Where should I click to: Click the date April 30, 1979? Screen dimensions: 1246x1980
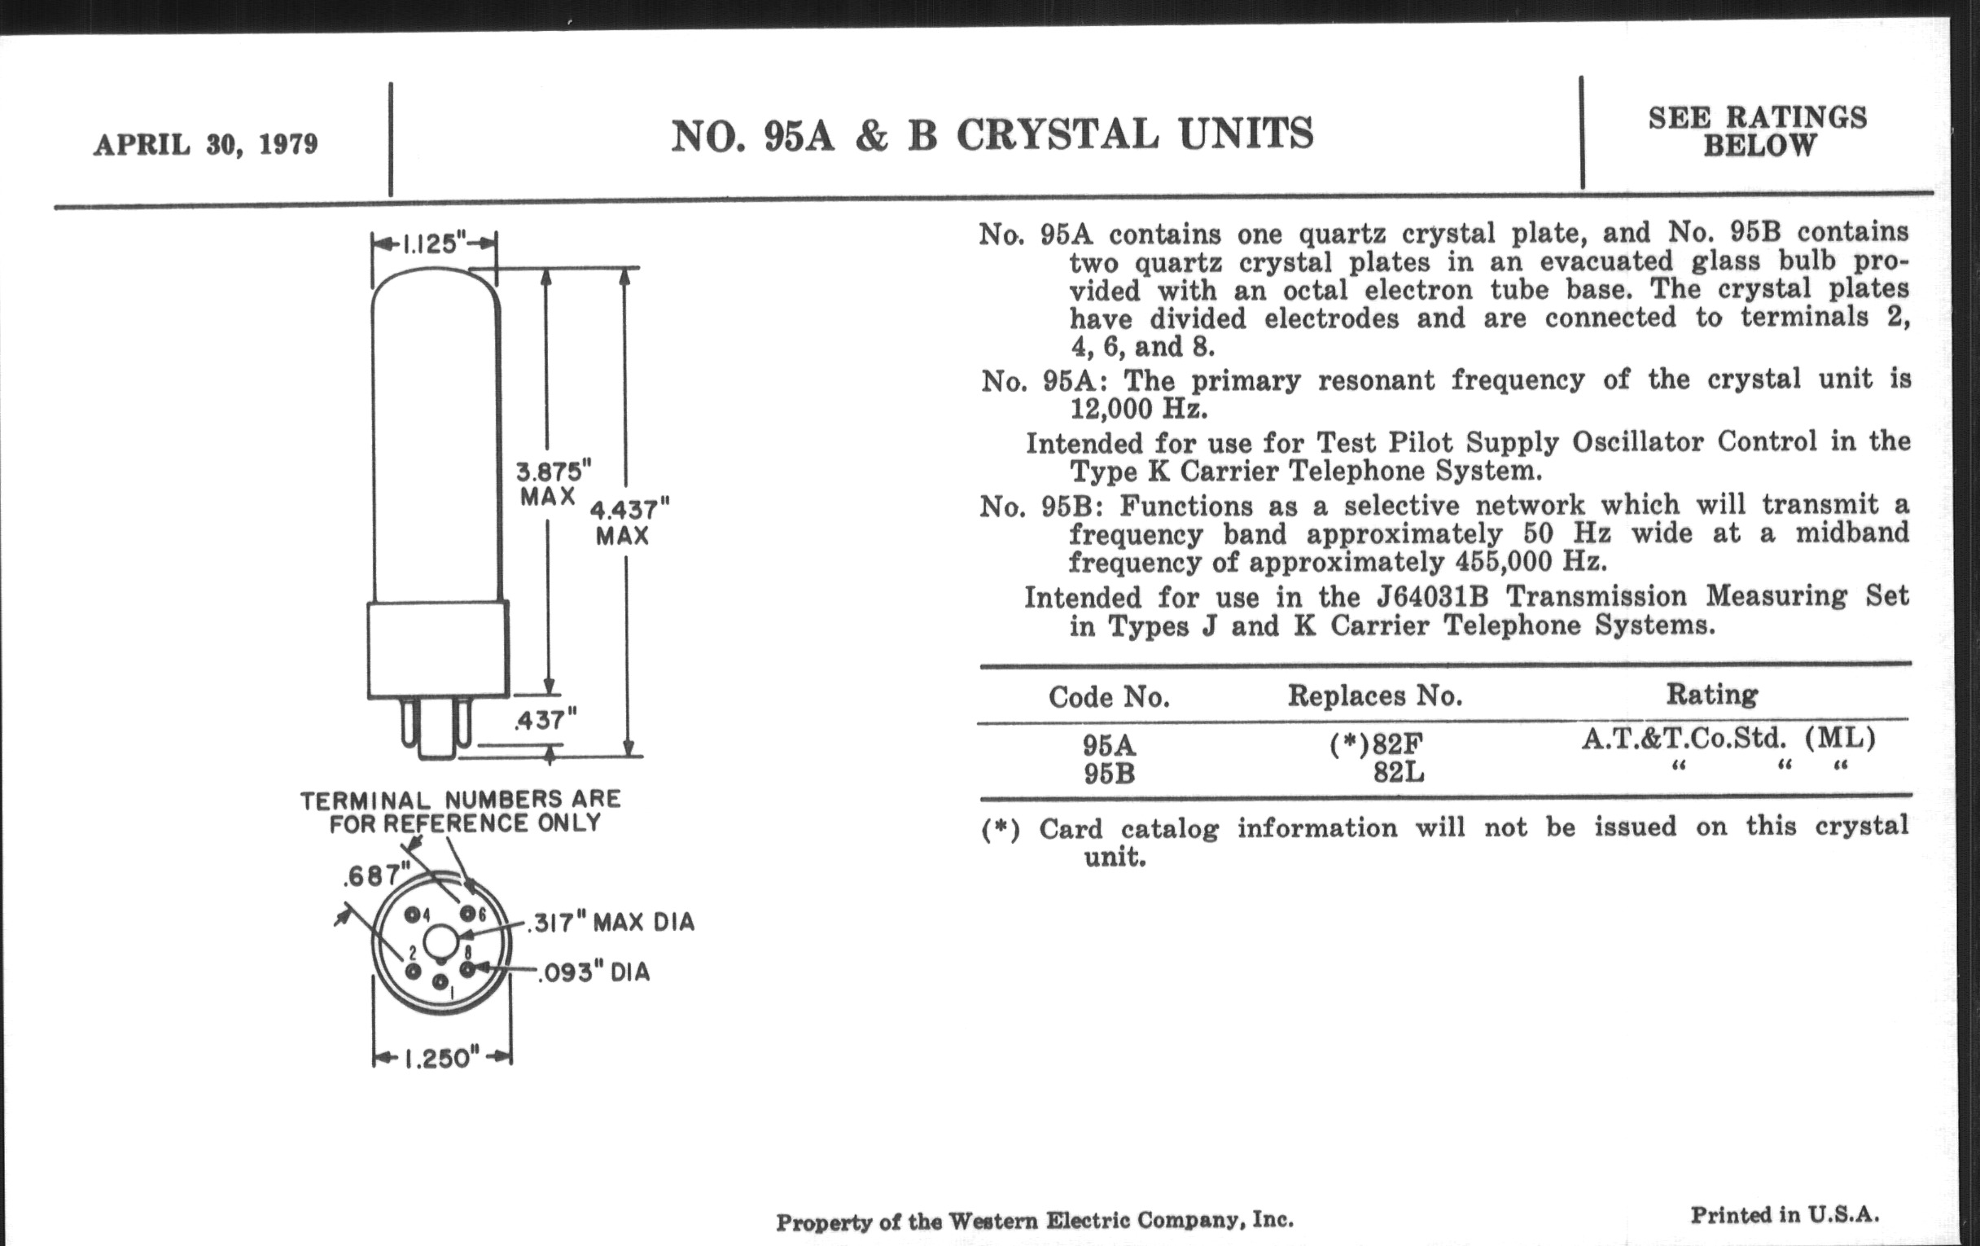[x=205, y=145]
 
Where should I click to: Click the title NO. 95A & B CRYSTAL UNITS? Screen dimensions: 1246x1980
[x=992, y=136]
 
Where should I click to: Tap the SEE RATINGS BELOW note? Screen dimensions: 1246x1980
[x=1758, y=132]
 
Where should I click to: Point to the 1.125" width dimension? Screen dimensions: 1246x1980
[x=433, y=244]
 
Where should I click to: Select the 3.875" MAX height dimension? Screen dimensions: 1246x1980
[x=553, y=484]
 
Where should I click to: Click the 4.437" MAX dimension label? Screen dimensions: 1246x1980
[x=629, y=522]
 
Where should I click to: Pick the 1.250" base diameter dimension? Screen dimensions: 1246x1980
[x=440, y=1058]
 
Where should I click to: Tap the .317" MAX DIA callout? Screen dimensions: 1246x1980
[x=611, y=923]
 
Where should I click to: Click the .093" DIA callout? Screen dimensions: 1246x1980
[x=594, y=973]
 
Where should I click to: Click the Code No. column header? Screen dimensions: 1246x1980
[x=1108, y=697]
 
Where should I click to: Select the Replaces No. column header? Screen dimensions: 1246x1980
[x=1375, y=696]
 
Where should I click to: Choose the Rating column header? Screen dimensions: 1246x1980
[x=1712, y=695]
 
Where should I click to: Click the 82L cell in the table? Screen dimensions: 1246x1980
[x=1399, y=773]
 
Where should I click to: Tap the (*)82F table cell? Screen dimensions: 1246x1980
[x=1375, y=744]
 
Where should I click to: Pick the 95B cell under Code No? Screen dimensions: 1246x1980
[x=1108, y=774]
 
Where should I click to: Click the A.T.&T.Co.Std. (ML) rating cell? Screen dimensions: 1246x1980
[x=1728, y=739]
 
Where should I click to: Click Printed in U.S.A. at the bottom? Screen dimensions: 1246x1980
[x=1785, y=1215]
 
